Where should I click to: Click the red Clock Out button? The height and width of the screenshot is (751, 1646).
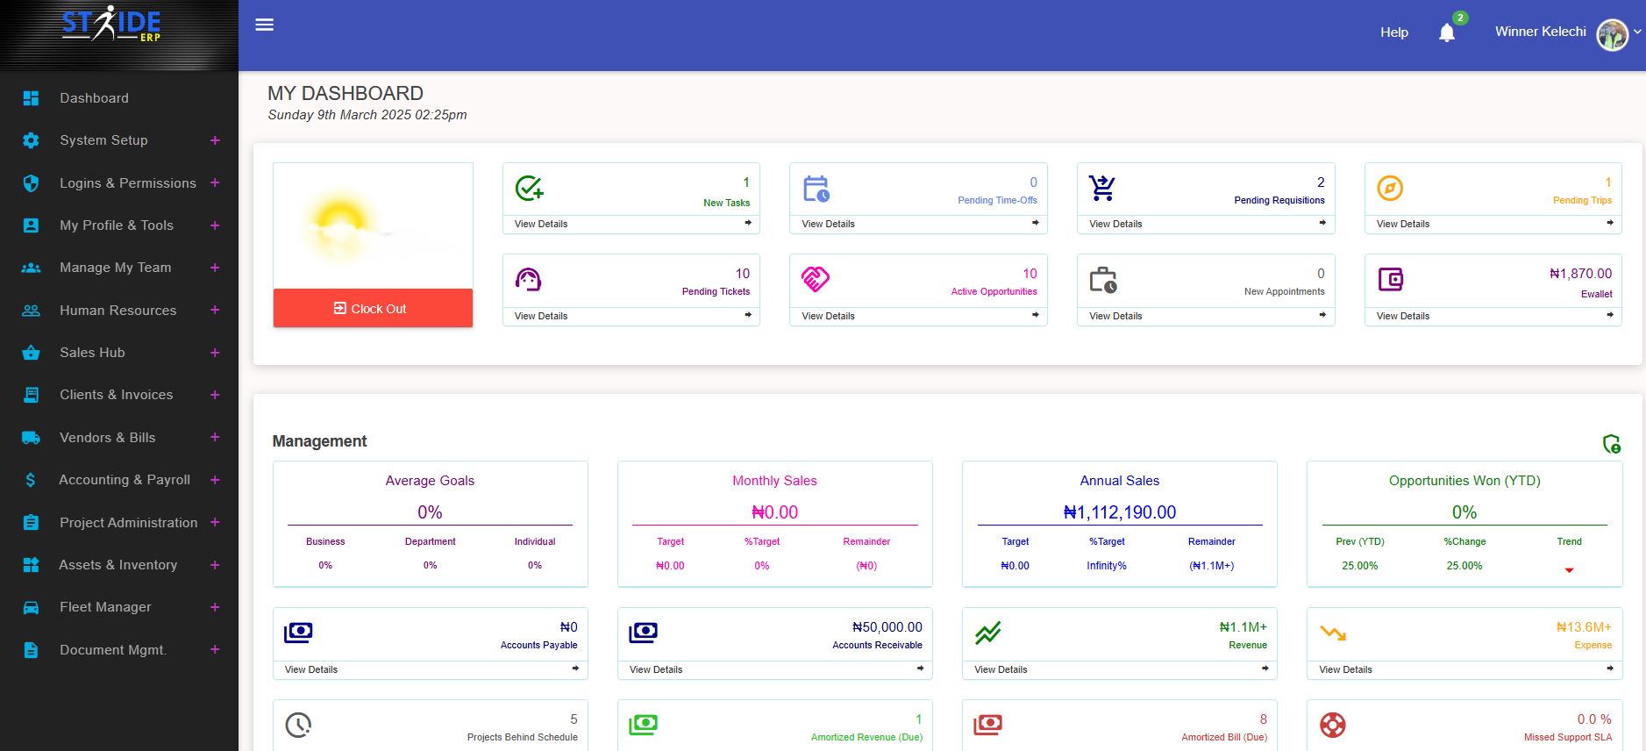click(x=372, y=308)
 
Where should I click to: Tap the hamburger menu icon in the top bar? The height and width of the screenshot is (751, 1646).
click(x=265, y=25)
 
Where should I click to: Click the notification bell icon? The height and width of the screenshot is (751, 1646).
click(x=1447, y=33)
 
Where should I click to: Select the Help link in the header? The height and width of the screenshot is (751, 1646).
click(x=1393, y=32)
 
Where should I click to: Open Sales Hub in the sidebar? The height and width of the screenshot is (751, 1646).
click(x=92, y=353)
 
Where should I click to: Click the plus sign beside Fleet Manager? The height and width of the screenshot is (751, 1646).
click(x=215, y=607)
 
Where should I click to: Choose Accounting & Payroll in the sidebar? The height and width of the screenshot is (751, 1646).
click(x=124, y=480)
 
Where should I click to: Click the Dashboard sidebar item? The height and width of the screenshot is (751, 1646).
click(x=94, y=98)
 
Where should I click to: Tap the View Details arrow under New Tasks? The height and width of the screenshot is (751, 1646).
click(x=748, y=223)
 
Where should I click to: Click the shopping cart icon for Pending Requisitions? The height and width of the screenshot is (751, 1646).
click(x=1101, y=188)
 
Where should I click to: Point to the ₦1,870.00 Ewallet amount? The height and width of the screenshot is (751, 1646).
click(x=1580, y=274)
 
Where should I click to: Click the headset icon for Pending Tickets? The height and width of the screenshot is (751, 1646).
click(x=528, y=279)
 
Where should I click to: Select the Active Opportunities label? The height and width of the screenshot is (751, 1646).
click(x=994, y=291)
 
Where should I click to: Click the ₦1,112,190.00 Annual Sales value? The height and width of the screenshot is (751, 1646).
click(x=1120, y=512)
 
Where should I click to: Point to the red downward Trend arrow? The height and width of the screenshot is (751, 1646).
click(x=1569, y=570)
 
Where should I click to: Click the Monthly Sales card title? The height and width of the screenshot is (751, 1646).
click(x=774, y=481)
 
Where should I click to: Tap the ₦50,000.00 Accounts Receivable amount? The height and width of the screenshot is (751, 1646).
click(x=887, y=627)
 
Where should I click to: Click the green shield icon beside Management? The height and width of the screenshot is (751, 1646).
click(x=1612, y=444)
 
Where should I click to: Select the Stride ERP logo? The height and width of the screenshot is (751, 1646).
click(x=111, y=25)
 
